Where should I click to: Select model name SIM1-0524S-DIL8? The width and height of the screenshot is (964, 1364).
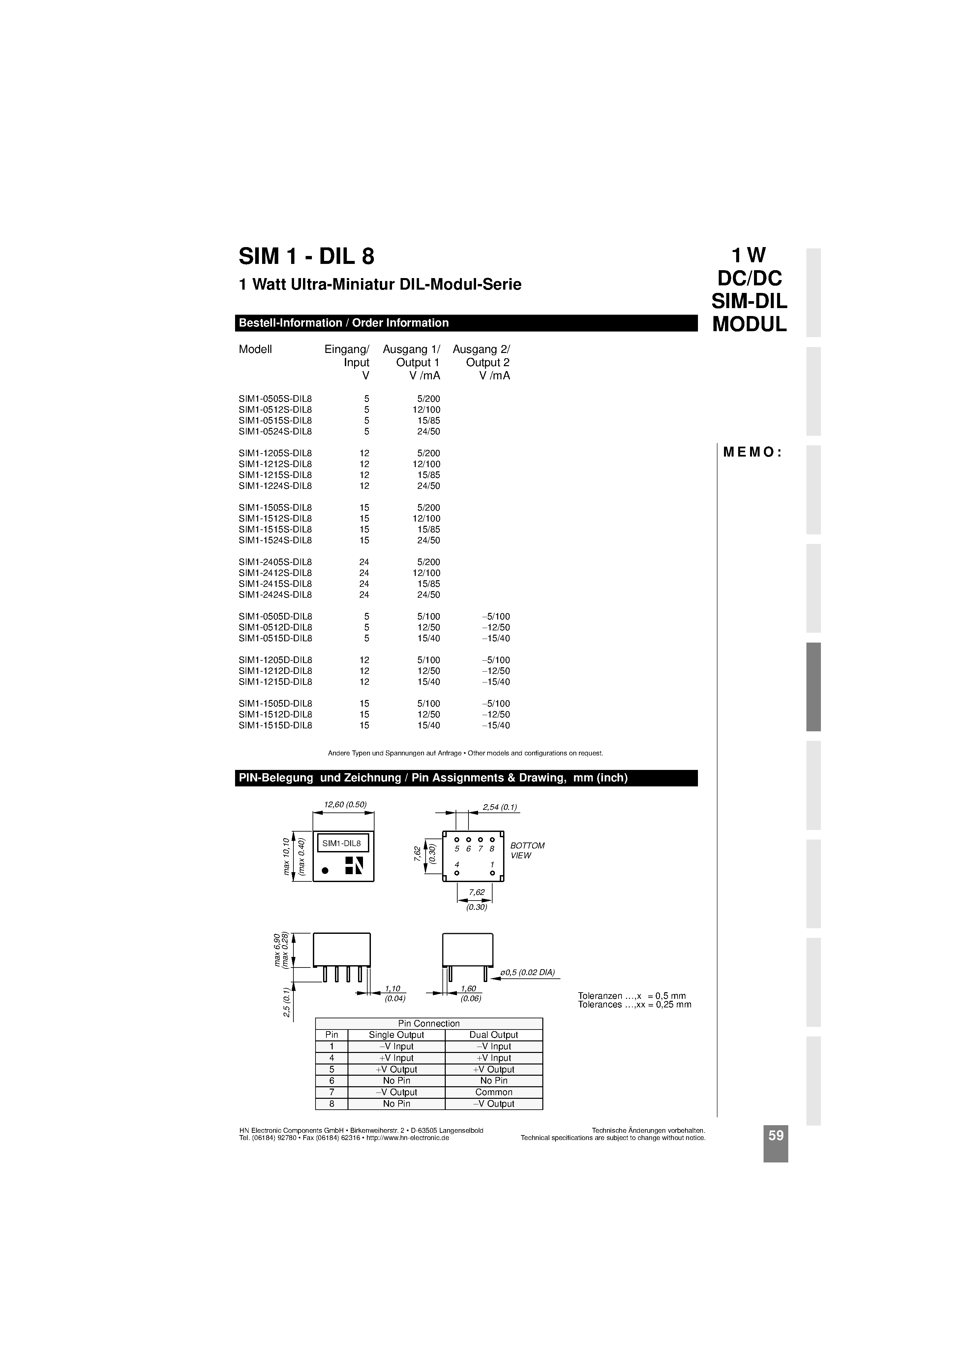point(275,431)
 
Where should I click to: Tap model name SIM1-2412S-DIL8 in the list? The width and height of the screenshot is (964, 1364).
point(275,573)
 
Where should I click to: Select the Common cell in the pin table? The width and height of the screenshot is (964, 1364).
point(493,1092)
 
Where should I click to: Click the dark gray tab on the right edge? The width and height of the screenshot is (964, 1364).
point(813,687)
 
